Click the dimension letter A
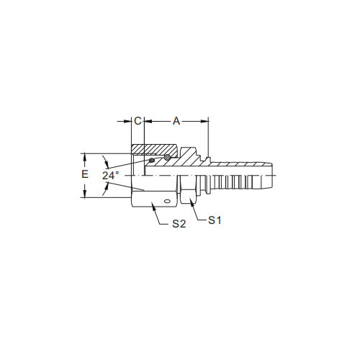click(176, 121)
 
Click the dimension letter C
click(138, 121)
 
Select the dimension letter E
click(85, 174)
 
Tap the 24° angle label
click(110, 176)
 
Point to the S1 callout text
click(215, 220)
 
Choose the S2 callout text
click(179, 224)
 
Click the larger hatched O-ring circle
click(167, 157)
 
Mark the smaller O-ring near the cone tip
click(152, 160)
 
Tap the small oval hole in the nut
click(166, 201)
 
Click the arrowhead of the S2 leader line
click(153, 205)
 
